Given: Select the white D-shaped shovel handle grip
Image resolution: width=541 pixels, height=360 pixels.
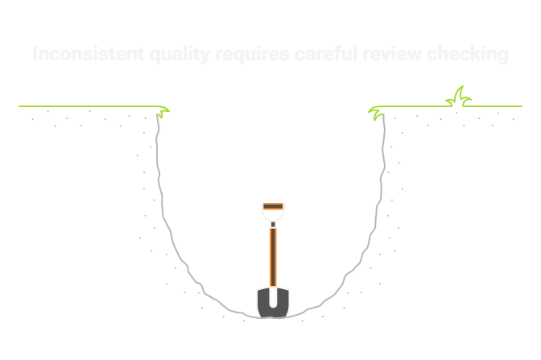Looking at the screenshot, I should pos(273,214).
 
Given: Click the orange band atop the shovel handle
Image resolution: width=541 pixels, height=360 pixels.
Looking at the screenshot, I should pos(273,204).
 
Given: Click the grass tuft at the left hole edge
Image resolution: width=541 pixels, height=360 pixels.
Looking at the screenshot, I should pos(163,111).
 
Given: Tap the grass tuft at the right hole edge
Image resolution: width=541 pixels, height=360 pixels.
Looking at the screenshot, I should pos(376,112).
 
